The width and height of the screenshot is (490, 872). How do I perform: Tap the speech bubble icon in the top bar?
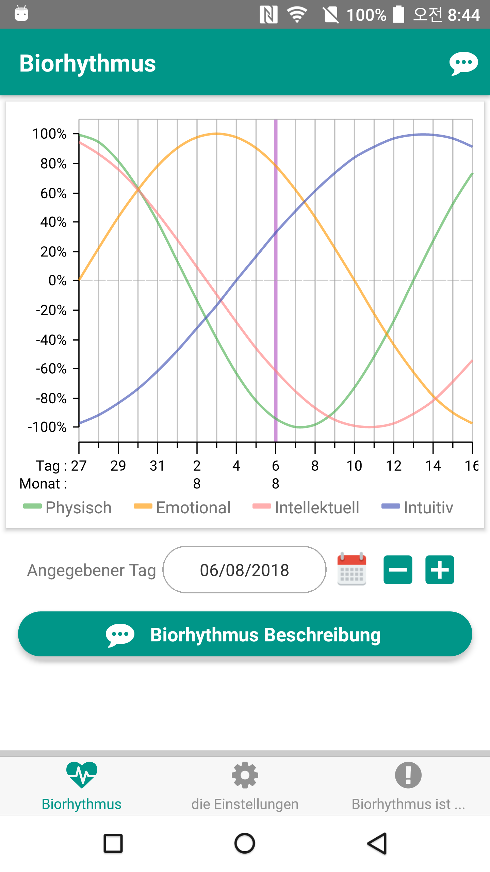(463, 63)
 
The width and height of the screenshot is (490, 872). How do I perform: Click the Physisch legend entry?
(68, 508)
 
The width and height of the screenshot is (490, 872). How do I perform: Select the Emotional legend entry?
(182, 508)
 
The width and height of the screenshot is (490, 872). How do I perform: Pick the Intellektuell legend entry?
(306, 508)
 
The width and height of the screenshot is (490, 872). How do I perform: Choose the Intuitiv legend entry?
(418, 508)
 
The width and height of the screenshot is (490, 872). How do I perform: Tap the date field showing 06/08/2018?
(244, 570)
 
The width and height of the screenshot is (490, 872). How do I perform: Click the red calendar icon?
(352, 569)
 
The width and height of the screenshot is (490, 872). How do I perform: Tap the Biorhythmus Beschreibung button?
(245, 634)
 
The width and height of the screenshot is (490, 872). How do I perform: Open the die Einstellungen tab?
(245, 785)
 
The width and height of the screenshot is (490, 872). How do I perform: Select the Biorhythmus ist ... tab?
(408, 785)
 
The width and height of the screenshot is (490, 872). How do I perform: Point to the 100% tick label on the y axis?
(50, 134)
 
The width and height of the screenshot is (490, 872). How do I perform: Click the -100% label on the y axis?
(48, 427)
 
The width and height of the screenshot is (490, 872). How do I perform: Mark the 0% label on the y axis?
(58, 280)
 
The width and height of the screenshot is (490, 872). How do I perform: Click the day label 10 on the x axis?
(354, 466)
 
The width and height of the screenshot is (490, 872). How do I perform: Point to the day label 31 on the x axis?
(157, 466)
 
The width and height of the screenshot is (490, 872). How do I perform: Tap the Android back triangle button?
(377, 844)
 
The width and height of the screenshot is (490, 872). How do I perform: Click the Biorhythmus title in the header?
(87, 63)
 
